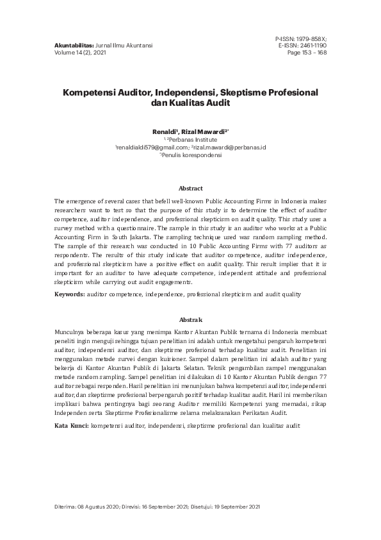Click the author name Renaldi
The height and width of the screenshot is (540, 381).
pyautogui.click(x=166, y=131)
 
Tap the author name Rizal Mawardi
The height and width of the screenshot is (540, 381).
pyautogui.click(x=200, y=131)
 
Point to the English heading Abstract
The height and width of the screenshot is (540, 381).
pyautogui.click(x=190, y=188)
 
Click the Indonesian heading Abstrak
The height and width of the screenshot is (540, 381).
pyautogui.click(x=190, y=319)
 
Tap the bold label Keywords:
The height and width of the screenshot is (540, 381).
pyautogui.click(x=69, y=294)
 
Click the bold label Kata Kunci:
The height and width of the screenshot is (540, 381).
pyautogui.click(x=71, y=426)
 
